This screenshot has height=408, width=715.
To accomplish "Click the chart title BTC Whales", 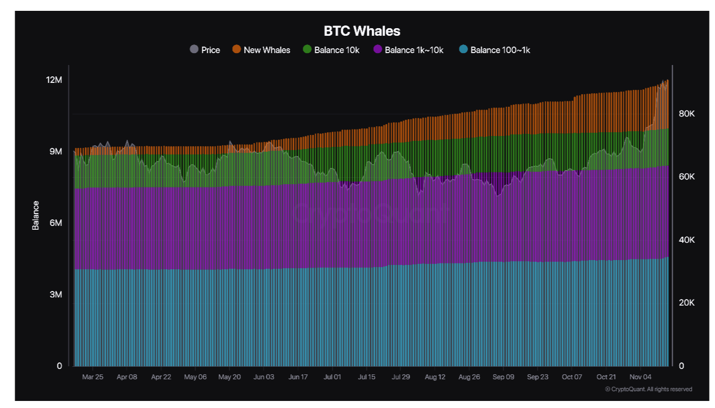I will click(362, 31).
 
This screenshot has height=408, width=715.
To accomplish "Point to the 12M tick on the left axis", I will click(54, 80).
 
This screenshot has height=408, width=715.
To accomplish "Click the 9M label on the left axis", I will click(56, 152).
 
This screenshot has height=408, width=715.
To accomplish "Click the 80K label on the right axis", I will click(686, 114).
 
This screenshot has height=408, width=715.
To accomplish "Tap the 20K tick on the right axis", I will click(686, 303).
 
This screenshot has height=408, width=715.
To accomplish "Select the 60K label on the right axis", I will click(686, 177).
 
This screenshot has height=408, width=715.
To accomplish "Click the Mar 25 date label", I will click(92, 377).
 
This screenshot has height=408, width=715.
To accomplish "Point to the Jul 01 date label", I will click(332, 377).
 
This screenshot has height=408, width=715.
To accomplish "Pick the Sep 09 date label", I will click(503, 377).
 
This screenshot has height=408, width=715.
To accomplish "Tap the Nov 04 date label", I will click(641, 377).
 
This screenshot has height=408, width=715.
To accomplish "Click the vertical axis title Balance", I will click(36, 215).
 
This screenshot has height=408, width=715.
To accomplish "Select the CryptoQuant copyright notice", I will click(648, 389).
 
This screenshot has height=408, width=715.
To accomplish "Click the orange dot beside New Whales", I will click(237, 49).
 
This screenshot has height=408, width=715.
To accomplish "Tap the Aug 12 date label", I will click(435, 377).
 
